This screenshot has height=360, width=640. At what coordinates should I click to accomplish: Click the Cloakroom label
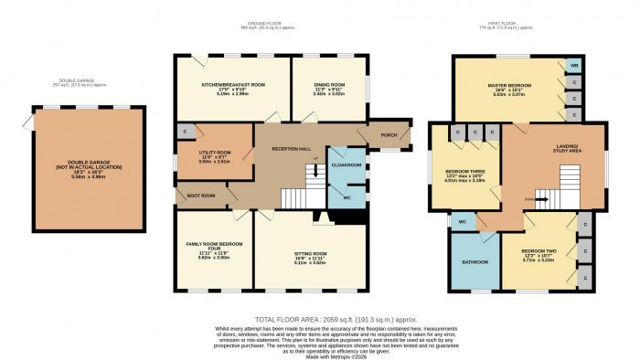pos(347,165)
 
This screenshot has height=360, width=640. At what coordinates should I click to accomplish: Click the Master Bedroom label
pos(511,85)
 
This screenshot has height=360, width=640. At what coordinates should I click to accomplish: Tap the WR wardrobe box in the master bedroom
pos(572,65)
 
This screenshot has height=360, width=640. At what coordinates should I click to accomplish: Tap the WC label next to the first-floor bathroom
pos(463,221)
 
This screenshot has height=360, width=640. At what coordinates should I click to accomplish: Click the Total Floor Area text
pos(320,319)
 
